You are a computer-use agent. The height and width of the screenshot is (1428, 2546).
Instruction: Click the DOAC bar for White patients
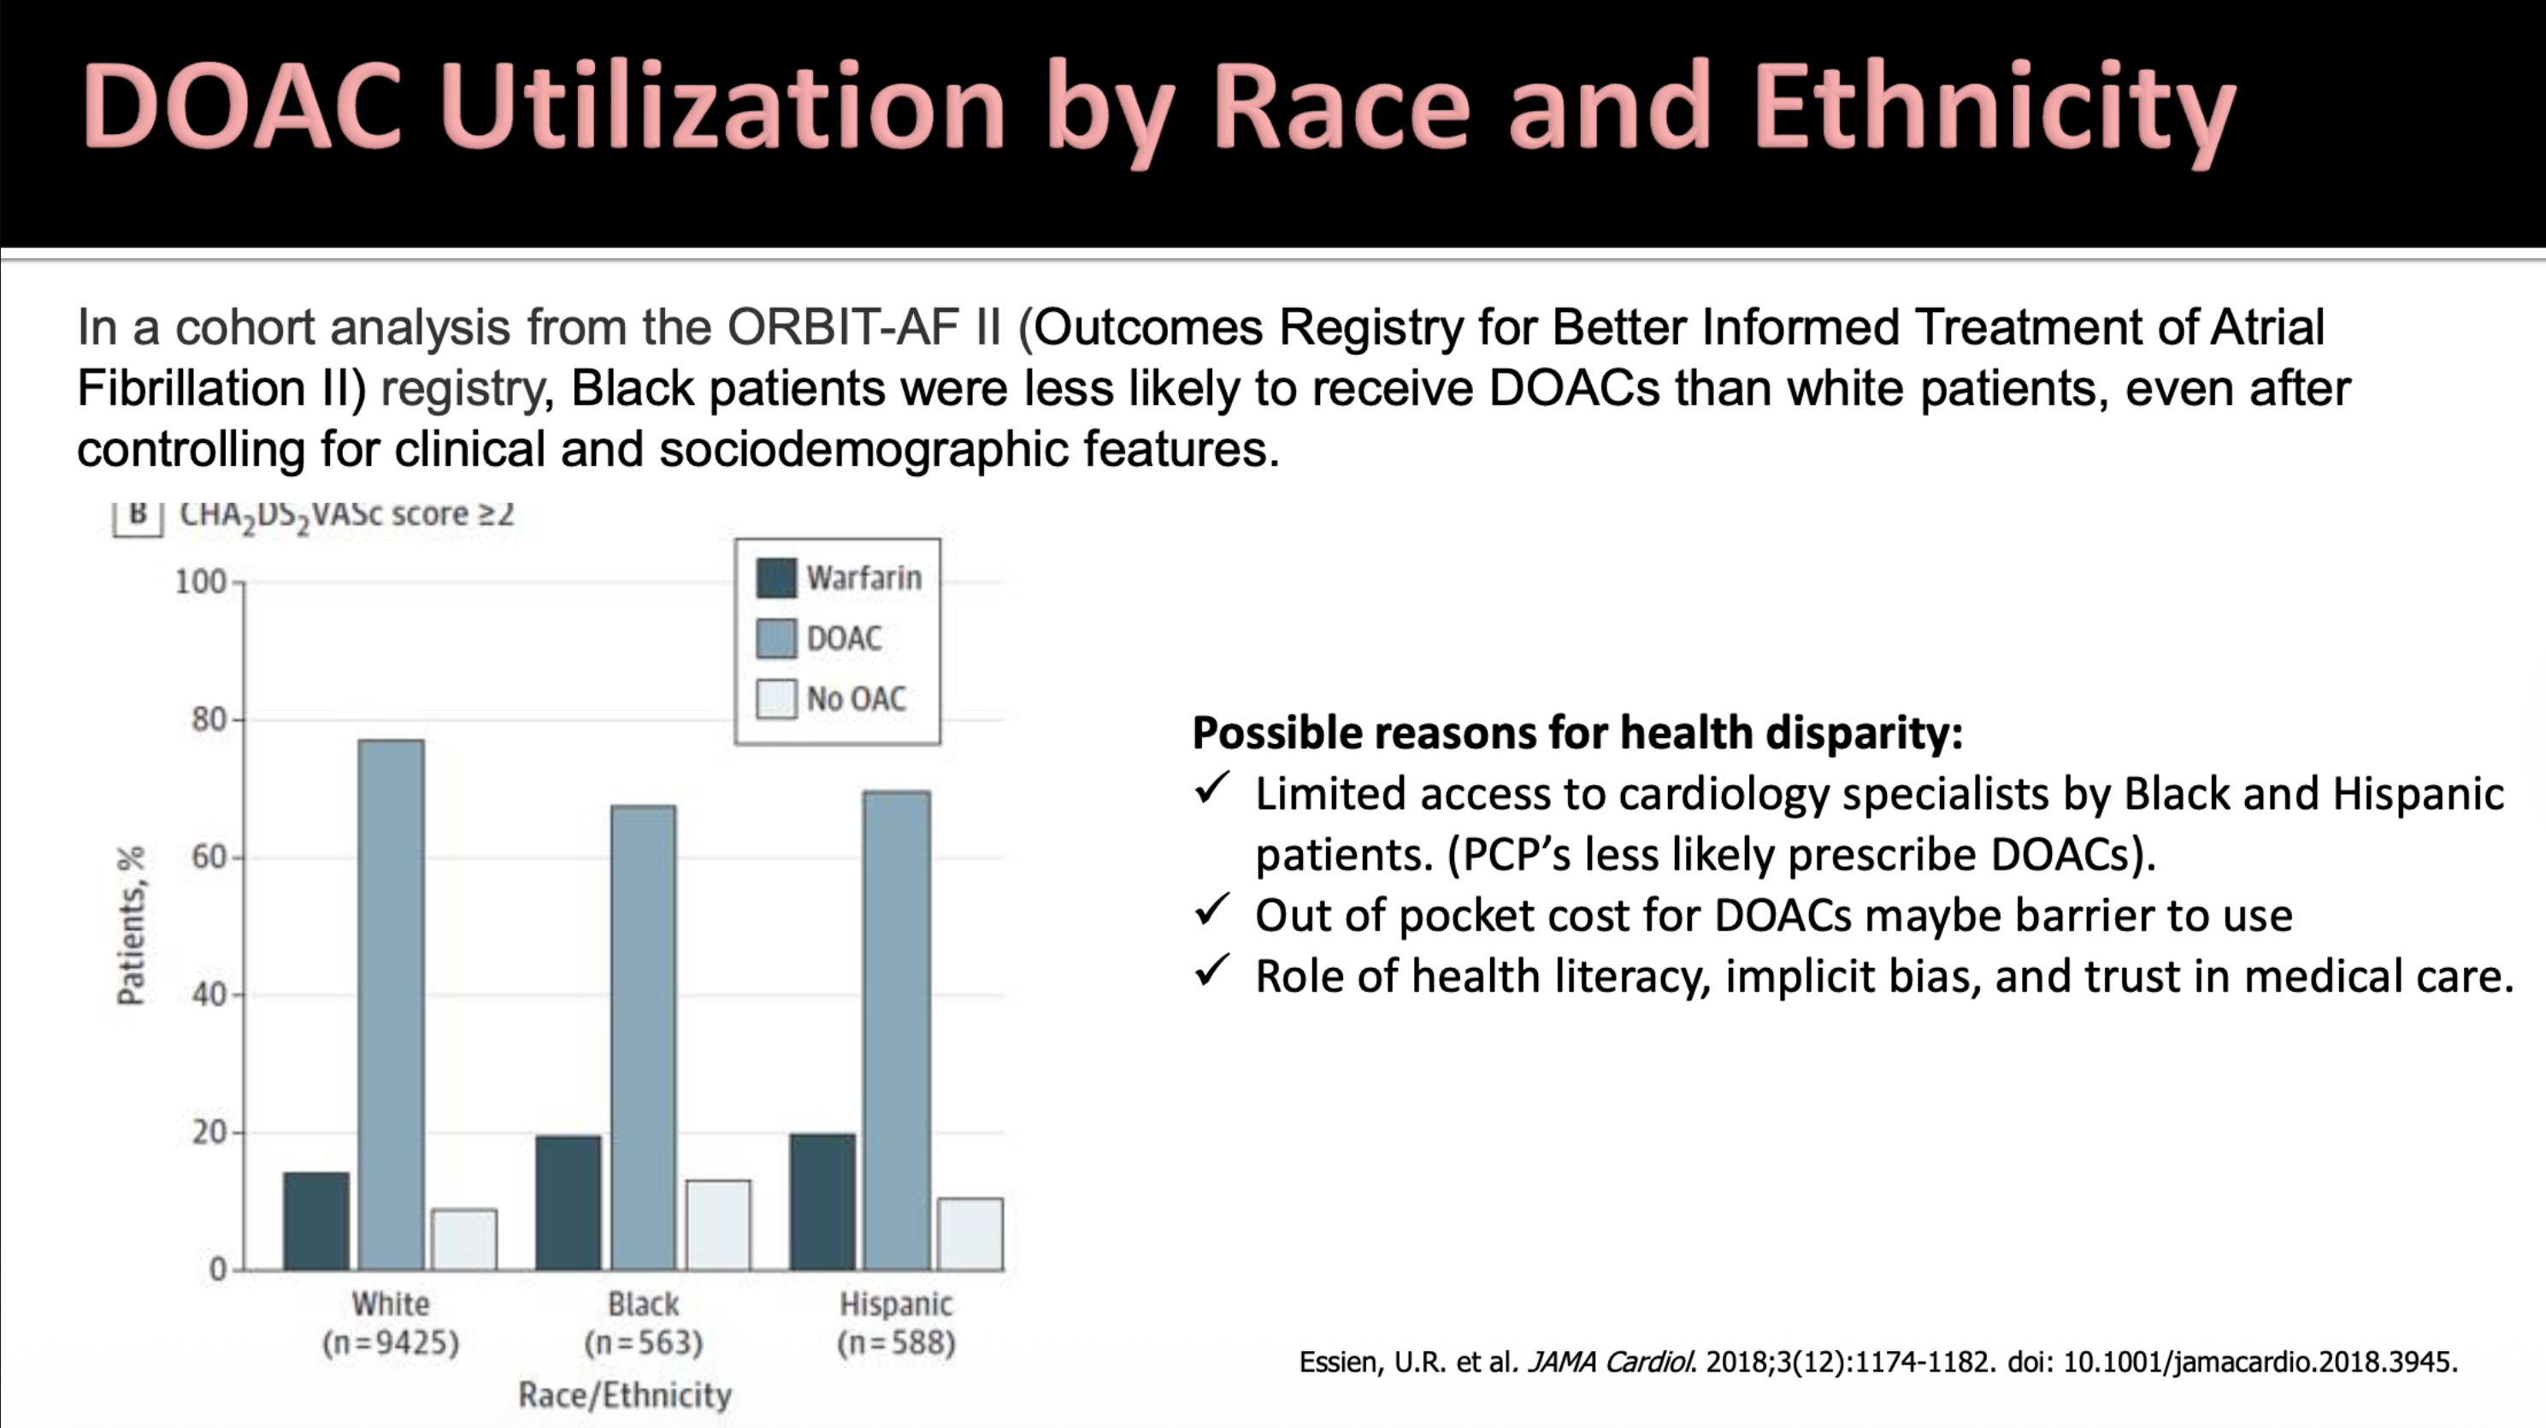point(392,1003)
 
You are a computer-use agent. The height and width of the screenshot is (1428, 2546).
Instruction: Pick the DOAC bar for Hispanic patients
point(897,1030)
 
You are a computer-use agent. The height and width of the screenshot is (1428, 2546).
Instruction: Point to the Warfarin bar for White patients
point(316,1220)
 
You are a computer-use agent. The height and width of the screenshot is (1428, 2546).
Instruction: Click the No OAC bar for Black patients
point(718,1224)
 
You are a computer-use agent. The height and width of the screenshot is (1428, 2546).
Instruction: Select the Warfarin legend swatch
point(776,578)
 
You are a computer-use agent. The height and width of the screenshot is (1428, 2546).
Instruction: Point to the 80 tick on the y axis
point(209,719)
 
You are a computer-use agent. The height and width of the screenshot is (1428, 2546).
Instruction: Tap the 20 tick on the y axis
point(209,1131)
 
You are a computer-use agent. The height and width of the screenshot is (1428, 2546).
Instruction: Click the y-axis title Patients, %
point(132,925)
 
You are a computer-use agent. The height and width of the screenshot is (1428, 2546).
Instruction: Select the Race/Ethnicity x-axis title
point(625,1395)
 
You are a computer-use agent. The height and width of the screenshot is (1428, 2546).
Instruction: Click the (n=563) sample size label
point(644,1343)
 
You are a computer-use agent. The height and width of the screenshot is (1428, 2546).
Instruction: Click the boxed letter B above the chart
point(138,515)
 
